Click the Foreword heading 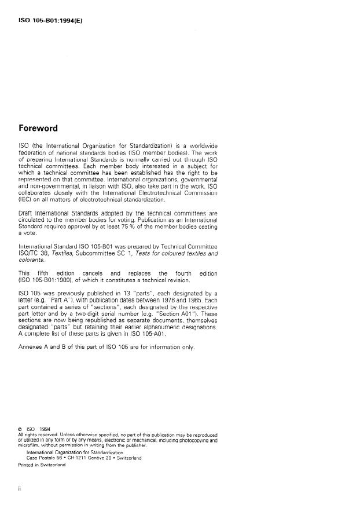(38, 128)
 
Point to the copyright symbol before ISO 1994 (21, 429)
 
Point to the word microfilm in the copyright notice (30, 445)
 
